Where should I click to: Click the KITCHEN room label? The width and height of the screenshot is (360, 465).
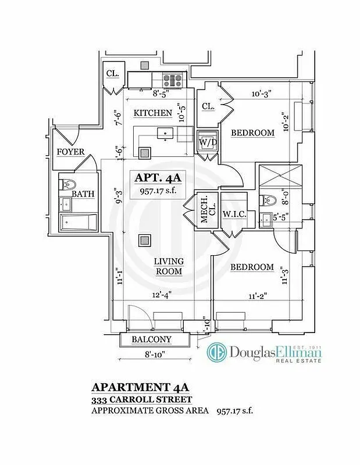pyautogui.click(x=153, y=113)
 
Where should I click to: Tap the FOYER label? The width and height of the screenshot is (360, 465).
pyautogui.click(x=70, y=152)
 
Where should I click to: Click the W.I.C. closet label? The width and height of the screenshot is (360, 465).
pyautogui.click(x=235, y=216)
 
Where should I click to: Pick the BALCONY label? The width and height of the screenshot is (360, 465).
pyautogui.click(x=151, y=339)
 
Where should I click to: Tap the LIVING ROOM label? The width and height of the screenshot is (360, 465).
pyautogui.click(x=169, y=266)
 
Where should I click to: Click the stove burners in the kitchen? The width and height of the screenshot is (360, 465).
pyautogui.click(x=173, y=80)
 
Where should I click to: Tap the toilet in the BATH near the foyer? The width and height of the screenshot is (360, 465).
pyautogui.click(x=68, y=184)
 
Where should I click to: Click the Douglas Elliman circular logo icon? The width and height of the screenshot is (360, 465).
pyautogui.click(x=217, y=352)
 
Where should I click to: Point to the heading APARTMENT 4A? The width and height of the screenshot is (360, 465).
pyautogui.click(x=141, y=387)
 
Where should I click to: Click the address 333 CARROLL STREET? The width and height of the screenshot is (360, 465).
pyautogui.click(x=141, y=400)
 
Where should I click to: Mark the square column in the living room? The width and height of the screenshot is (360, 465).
pyautogui.click(x=144, y=241)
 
